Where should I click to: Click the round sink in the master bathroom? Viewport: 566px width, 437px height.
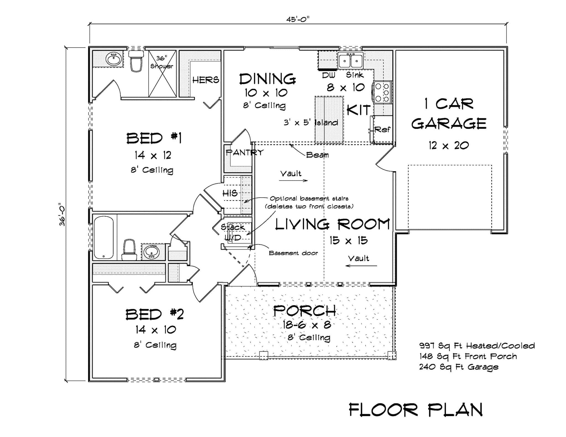[x=113, y=59]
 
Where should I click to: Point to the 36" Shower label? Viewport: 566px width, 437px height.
[x=162, y=62]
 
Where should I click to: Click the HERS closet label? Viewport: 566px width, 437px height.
[x=206, y=80]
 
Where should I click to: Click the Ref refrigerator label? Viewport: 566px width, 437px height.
[x=382, y=129]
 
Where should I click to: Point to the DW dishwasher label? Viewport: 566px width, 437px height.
[x=329, y=75]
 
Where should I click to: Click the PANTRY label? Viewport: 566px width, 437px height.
[x=244, y=152]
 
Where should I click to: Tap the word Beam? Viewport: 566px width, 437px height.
[x=317, y=155]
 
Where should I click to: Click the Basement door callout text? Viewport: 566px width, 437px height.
[x=293, y=253]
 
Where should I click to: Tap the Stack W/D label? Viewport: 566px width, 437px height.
[x=233, y=232]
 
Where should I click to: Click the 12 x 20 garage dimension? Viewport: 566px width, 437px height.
[x=449, y=145]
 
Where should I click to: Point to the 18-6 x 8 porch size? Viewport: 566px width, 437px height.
[x=306, y=325]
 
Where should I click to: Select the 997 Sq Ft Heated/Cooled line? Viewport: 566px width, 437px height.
[x=477, y=346]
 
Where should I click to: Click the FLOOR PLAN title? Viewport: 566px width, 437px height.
[x=416, y=410]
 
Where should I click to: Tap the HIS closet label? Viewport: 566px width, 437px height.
[x=230, y=193]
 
